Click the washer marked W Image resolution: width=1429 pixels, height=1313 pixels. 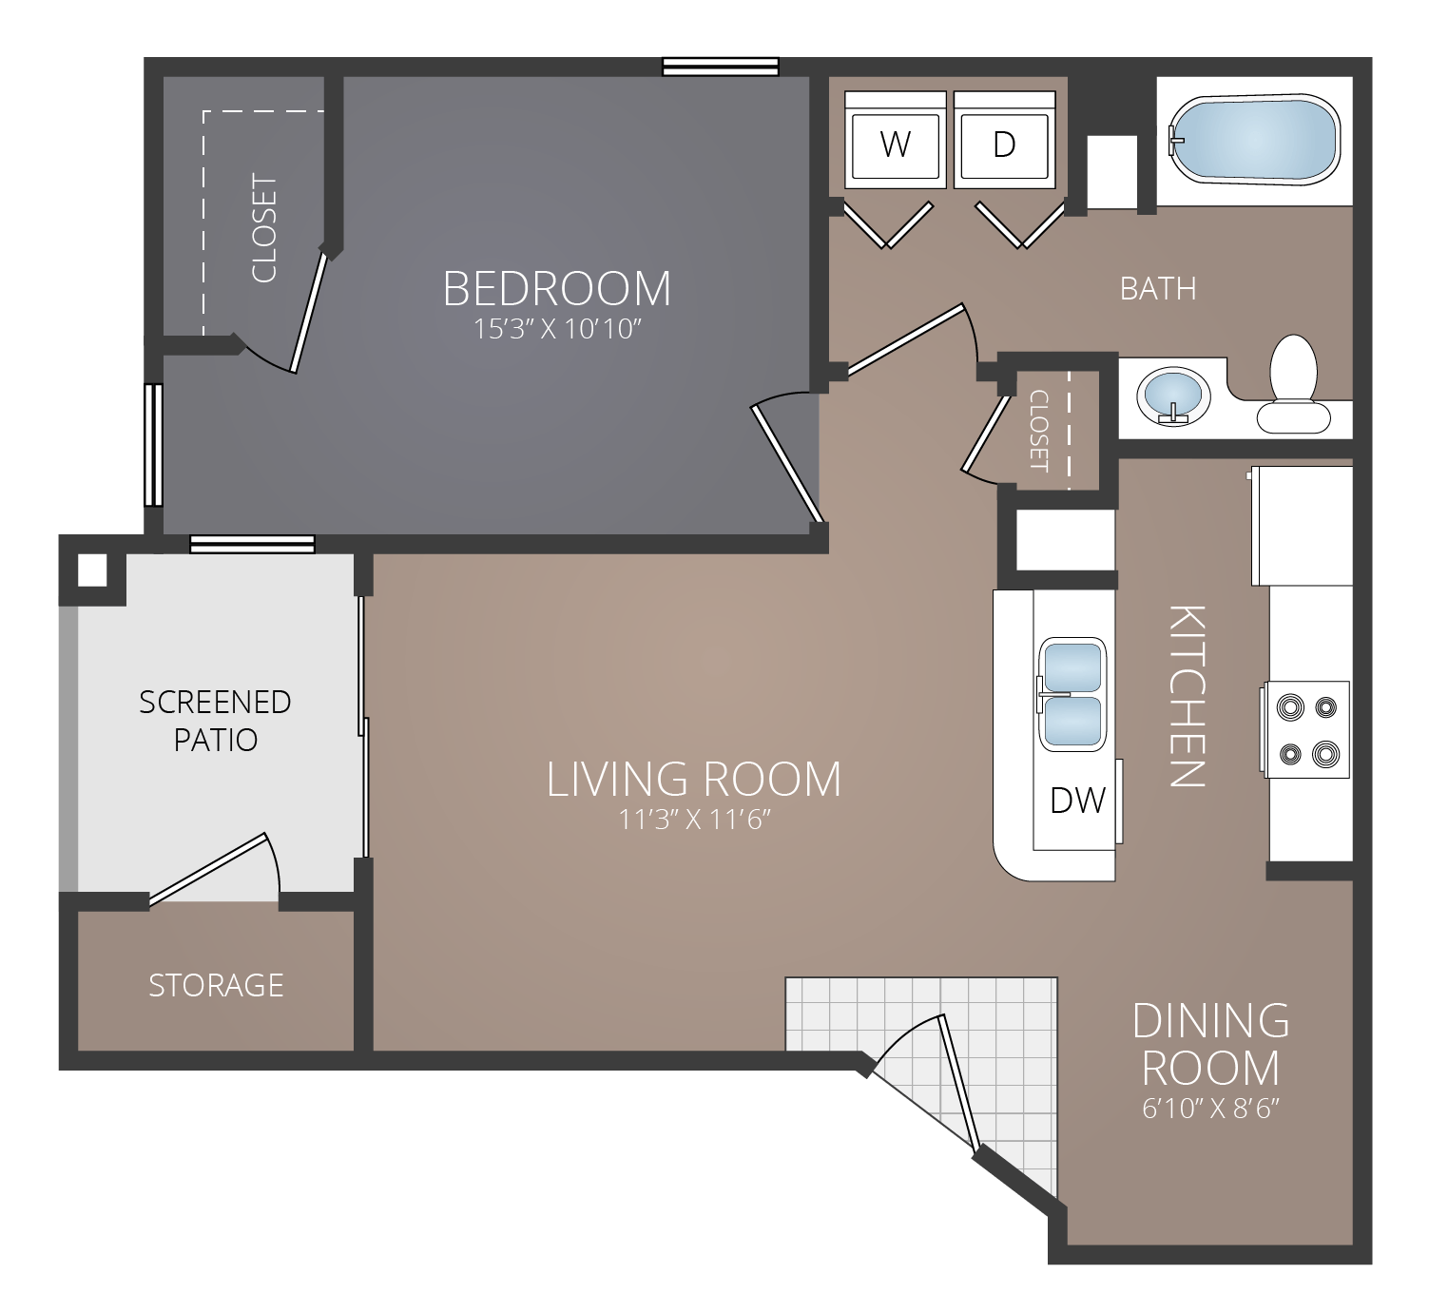point(896,144)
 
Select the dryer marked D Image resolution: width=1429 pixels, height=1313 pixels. point(1004,144)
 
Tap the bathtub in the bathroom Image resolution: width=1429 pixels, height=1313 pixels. point(1253,140)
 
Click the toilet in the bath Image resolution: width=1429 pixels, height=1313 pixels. point(1293,385)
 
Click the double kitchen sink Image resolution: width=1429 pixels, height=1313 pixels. point(1072,694)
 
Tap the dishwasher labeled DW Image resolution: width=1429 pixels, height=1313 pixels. point(1076,801)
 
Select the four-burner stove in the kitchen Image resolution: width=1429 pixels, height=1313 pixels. point(1306,729)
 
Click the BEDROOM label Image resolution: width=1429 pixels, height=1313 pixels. point(557,289)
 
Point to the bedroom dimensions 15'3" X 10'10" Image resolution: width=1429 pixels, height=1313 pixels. point(558,330)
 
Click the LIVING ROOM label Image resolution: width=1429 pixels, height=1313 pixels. point(694,780)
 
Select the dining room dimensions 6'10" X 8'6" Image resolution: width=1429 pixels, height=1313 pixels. point(1211,1109)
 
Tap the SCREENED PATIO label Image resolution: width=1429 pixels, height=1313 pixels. point(215,721)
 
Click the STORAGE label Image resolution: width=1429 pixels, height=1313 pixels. point(216,985)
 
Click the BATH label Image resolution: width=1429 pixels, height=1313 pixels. point(1158,289)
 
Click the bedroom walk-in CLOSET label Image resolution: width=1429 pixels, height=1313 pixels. point(263,228)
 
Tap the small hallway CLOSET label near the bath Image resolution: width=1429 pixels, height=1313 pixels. point(1038,431)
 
